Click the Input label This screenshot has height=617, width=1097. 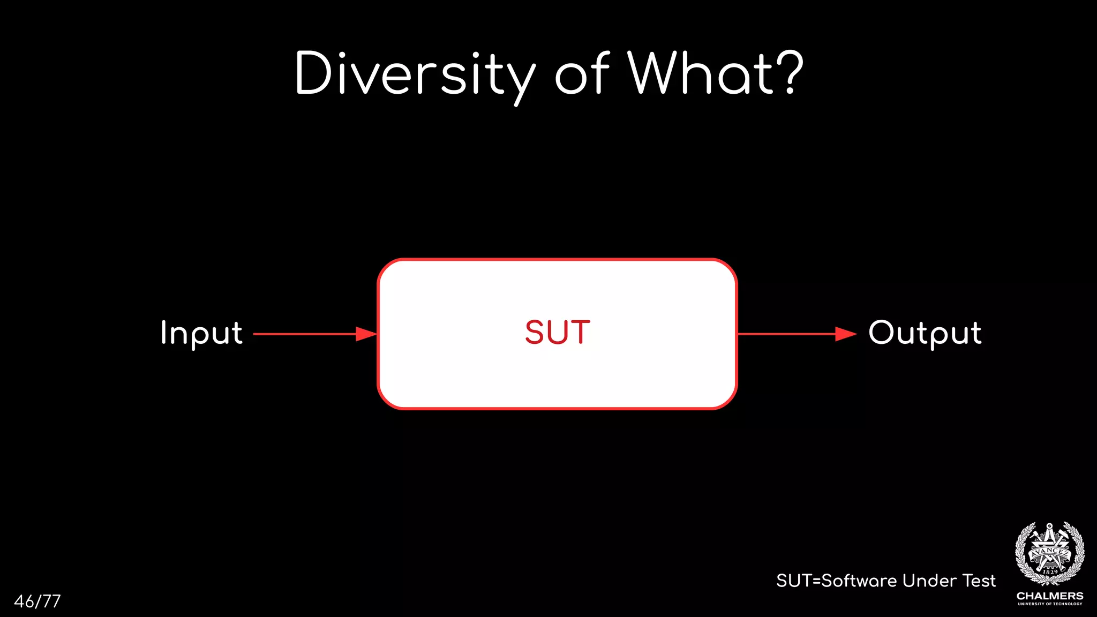click(x=201, y=333)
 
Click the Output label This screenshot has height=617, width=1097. click(x=925, y=333)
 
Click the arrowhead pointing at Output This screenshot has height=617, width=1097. click(x=846, y=334)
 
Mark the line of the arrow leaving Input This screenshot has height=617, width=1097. click(x=304, y=334)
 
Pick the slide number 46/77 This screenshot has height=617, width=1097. click(x=37, y=601)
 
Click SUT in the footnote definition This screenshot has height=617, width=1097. click(x=794, y=581)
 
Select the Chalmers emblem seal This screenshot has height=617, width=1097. click(x=1050, y=554)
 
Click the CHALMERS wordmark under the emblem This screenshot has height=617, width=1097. click(x=1050, y=596)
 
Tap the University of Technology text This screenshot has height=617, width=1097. click(x=1050, y=604)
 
